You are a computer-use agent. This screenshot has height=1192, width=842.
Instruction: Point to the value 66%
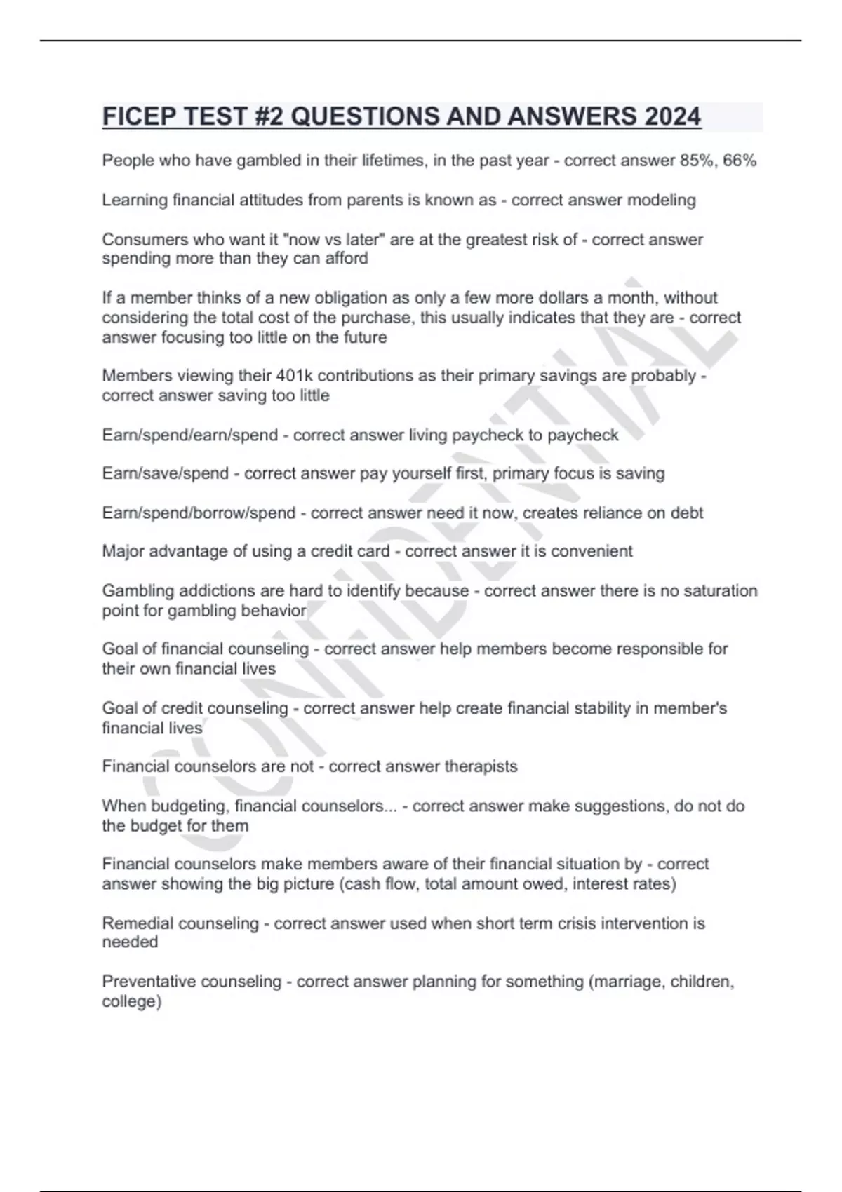coord(740,161)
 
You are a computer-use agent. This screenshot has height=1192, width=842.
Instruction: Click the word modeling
coord(661,201)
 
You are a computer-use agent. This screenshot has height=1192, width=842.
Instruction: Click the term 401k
coord(295,376)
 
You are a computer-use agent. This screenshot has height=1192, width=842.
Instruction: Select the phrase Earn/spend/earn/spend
coord(190,435)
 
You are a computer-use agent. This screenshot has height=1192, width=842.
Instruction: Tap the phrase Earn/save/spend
coord(166,474)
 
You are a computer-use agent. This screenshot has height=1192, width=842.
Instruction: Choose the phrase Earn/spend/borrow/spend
coord(199,513)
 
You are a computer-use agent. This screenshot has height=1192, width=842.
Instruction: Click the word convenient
coord(592,552)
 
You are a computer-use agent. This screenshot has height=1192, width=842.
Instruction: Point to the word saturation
coord(720,591)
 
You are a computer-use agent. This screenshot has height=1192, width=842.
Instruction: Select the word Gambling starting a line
coord(136,591)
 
